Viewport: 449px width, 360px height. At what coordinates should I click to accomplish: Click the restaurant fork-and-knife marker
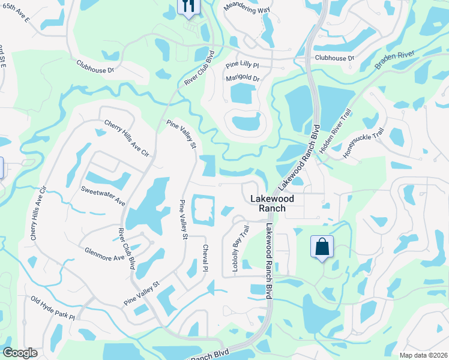click(x=188, y=7)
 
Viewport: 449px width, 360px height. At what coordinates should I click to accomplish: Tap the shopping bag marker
click(x=322, y=247)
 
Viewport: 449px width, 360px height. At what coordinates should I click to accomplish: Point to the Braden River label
click(x=395, y=60)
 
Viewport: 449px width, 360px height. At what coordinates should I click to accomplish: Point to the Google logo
click(x=20, y=353)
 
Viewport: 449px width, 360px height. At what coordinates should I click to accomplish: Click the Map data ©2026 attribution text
click(x=423, y=355)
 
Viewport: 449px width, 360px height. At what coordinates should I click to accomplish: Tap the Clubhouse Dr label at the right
click(x=334, y=58)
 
